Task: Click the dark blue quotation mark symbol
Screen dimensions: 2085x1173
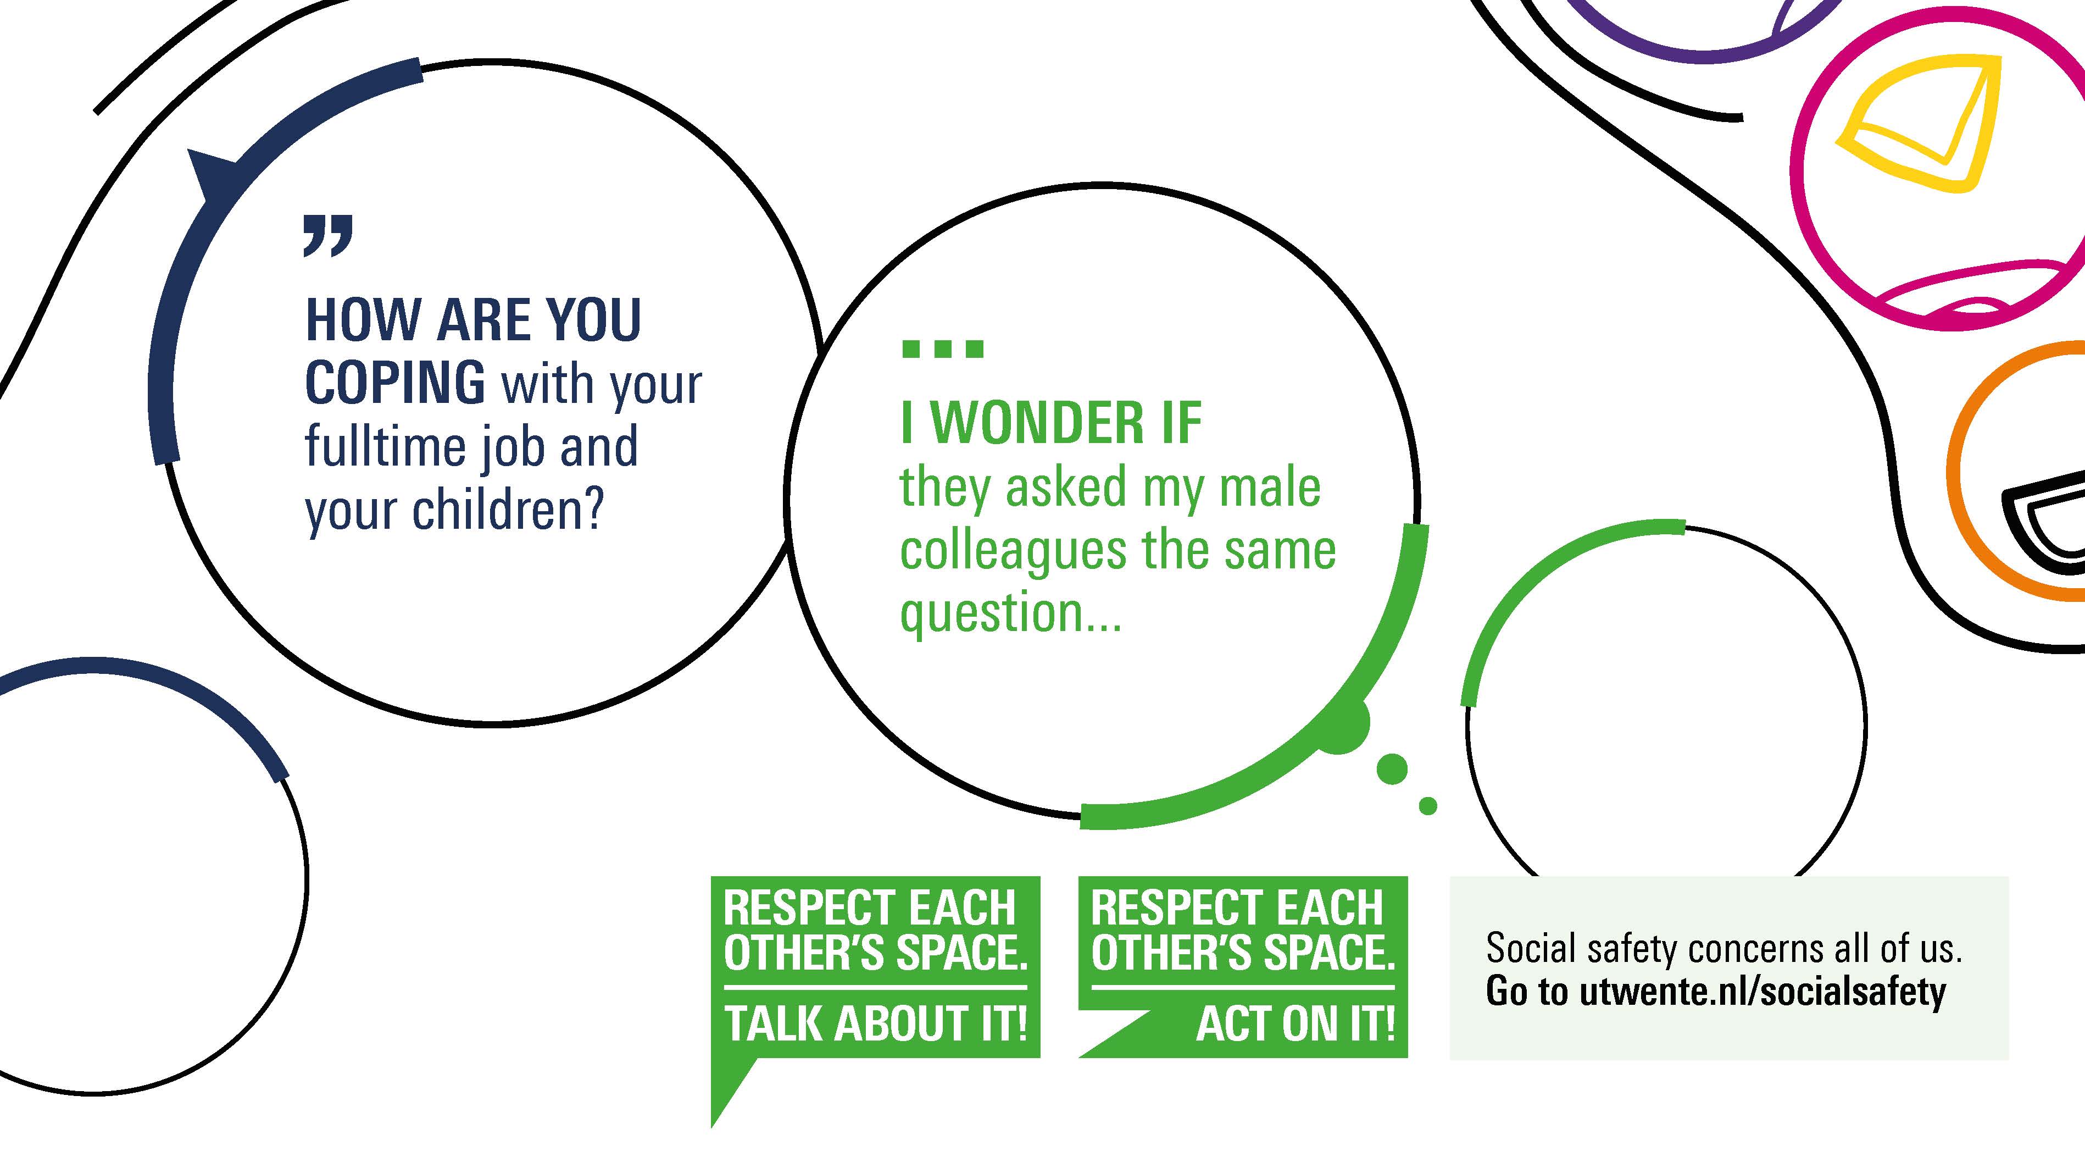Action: [328, 236]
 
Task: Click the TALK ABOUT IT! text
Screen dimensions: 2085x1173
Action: [876, 1024]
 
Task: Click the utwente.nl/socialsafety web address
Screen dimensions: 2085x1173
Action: [1762, 993]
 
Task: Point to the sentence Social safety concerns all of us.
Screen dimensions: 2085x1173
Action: [1724, 948]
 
